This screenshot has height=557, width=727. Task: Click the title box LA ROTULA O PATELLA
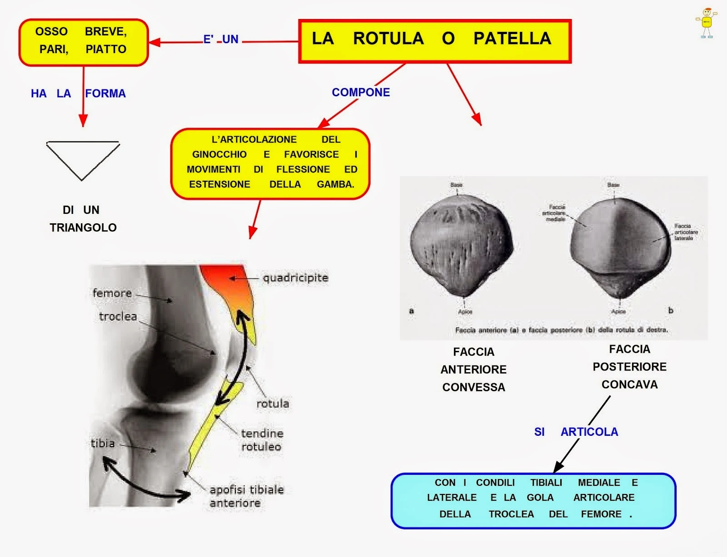point(434,41)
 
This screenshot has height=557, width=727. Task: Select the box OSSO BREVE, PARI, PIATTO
point(83,42)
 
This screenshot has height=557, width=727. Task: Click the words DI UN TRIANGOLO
point(83,219)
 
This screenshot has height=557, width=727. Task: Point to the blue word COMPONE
point(361,93)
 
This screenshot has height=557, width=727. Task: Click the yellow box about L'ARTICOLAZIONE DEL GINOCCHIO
point(270,163)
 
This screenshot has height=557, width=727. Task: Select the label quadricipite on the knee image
point(295,278)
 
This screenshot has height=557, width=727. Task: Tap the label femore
point(112,293)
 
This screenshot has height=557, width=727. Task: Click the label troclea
point(118,316)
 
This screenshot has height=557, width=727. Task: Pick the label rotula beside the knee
point(273,404)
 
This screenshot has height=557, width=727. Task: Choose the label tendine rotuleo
point(262,440)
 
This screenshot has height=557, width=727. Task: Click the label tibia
point(103,443)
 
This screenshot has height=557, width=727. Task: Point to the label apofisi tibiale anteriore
point(246,496)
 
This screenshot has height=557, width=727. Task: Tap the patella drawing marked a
point(461,245)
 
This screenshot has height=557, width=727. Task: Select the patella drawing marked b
point(620,245)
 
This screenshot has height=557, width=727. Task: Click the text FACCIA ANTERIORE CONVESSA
point(473,370)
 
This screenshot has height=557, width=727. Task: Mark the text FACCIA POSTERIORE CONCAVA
point(629,367)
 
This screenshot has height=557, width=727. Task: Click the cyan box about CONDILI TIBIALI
point(533,500)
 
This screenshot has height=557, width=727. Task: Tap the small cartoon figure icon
point(707,23)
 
